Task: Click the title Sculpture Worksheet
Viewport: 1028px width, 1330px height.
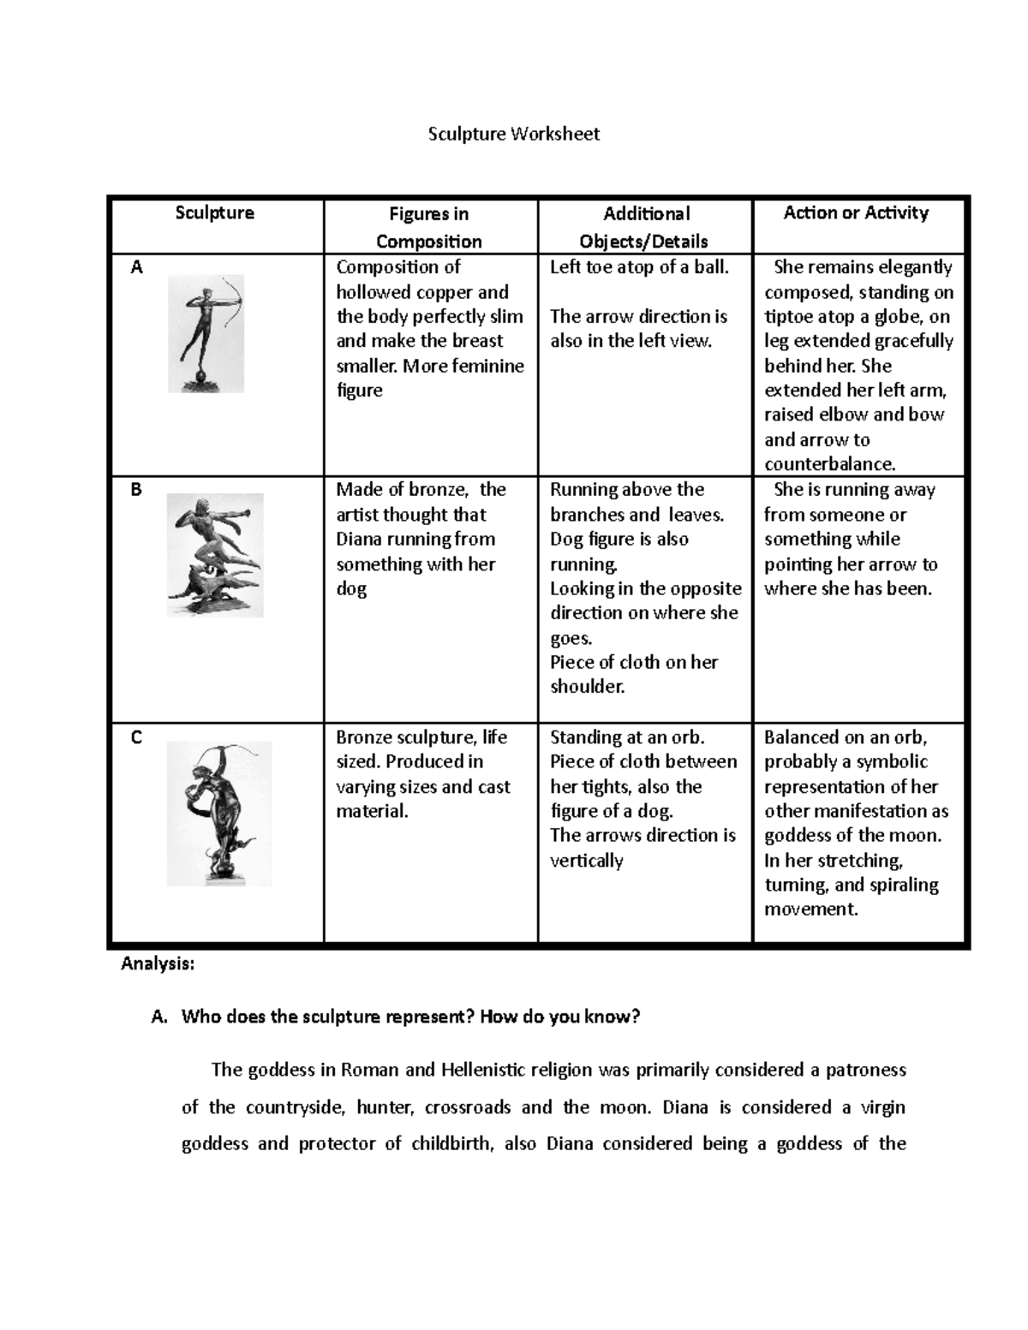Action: pyautogui.click(x=514, y=134)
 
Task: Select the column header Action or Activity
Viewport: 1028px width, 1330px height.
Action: pyautogui.click(x=856, y=213)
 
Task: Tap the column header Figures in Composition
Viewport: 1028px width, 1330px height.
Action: pyautogui.click(x=428, y=227)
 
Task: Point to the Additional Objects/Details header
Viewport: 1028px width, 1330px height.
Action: pyautogui.click(x=645, y=227)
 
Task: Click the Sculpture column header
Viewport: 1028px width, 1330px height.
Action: pyautogui.click(x=214, y=212)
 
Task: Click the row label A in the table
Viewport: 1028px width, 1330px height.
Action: pyautogui.click(x=136, y=268)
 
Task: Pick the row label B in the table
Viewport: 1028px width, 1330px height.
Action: pyautogui.click(x=136, y=491)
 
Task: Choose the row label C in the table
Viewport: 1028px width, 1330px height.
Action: pyautogui.click(x=136, y=738)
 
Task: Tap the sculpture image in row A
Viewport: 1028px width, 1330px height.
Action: pyautogui.click(x=206, y=333)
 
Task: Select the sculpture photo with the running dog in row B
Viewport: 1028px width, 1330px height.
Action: pyautogui.click(x=215, y=555)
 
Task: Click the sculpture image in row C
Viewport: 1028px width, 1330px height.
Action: pyautogui.click(x=218, y=813)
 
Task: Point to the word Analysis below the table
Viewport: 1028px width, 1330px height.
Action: pyautogui.click(x=158, y=964)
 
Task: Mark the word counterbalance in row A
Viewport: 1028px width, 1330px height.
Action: pyautogui.click(x=828, y=464)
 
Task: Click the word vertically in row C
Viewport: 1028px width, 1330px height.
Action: pyautogui.click(x=586, y=861)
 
